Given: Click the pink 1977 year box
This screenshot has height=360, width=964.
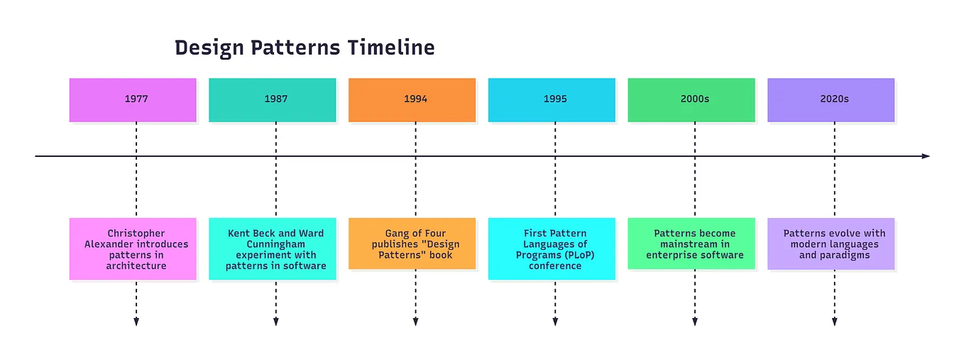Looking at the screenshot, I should [133, 99].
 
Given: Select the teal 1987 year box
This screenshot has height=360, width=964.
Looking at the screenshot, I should [272, 99].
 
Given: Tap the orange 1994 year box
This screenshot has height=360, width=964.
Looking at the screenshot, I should [412, 99].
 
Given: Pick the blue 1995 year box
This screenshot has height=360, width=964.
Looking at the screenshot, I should [552, 99].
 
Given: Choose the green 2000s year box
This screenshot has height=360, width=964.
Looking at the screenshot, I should [691, 99].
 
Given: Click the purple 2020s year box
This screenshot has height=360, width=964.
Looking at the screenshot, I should [831, 99].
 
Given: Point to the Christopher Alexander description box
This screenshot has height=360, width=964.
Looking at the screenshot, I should [133, 249].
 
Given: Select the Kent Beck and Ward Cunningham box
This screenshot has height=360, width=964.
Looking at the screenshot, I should [272, 249].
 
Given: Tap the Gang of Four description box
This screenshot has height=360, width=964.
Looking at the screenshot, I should [412, 244].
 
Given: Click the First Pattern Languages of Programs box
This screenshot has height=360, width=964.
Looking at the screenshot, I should [552, 249].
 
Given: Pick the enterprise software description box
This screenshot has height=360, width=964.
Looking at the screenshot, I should [691, 244].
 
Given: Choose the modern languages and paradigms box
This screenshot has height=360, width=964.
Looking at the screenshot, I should [831, 244].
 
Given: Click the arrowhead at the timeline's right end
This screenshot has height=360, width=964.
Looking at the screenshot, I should [925, 156].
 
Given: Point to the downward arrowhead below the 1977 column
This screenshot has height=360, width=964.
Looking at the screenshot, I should [136, 322].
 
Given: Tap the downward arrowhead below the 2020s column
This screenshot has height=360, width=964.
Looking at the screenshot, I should [834, 322].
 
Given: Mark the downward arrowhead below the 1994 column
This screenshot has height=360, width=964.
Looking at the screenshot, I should [415, 322].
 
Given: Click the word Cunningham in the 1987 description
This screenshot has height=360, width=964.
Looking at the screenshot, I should [275, 244].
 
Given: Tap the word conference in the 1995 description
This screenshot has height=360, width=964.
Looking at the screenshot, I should [554, 266].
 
